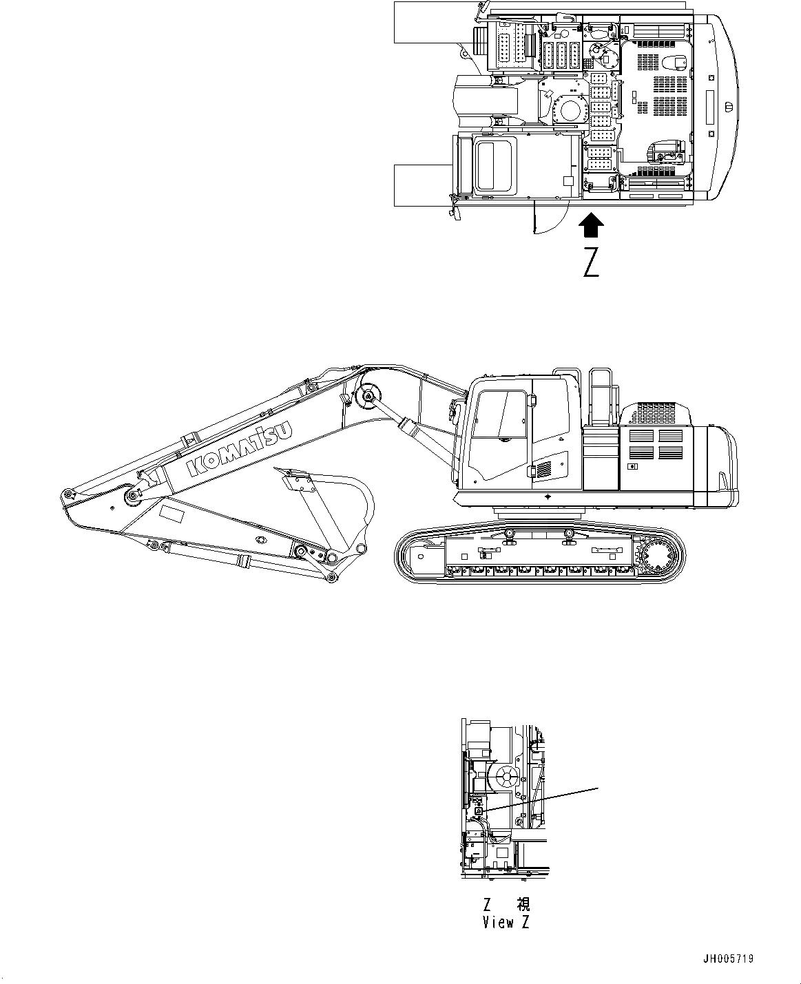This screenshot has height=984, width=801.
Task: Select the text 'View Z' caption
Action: click(506, 923)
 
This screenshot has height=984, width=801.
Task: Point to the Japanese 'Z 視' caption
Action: click(506, 904)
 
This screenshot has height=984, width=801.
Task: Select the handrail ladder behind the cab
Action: click(600, 396)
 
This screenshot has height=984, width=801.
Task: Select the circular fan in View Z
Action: click(506, 777)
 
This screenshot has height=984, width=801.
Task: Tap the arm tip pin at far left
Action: click(67, 494)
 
